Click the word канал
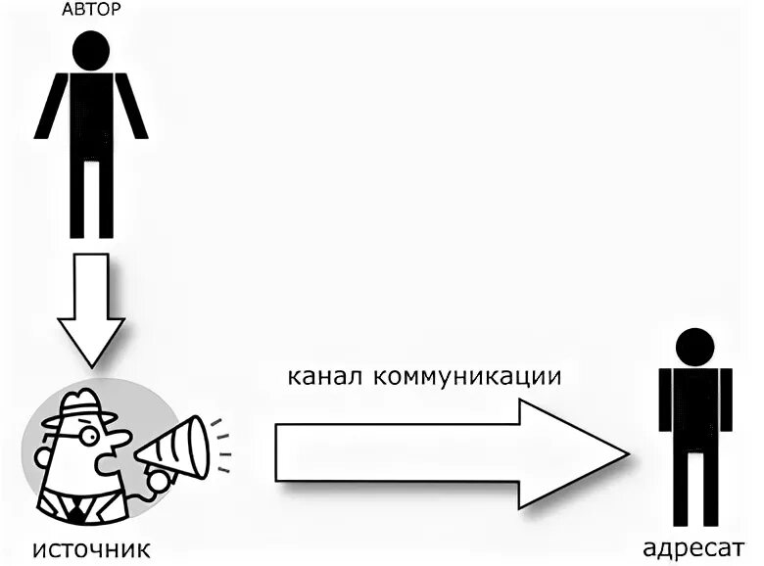pos(324,376)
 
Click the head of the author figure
pos(91,49)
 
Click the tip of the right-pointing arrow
pos(622,452)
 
